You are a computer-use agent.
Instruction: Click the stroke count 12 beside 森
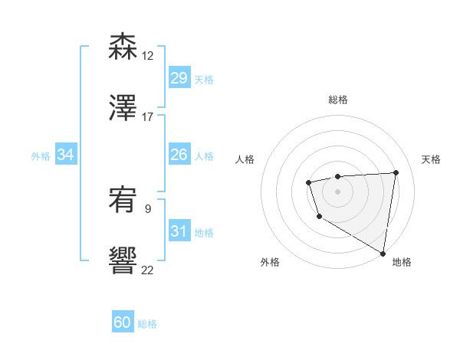(x=147, y=55)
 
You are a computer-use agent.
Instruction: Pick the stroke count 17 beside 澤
(x=147, y=116)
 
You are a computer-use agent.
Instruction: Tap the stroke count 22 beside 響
(x=147, y=270)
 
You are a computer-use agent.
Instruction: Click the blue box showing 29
(x=179, y=78)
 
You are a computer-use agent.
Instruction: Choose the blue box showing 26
(x=179, y=155)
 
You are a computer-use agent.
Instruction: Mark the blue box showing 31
(x=179, y=231)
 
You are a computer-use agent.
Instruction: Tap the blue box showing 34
(x=66, y=155)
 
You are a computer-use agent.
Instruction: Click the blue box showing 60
(x=123, y=322)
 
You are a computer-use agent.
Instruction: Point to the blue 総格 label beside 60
(x=147, y=324)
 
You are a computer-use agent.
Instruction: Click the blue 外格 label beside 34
(x=41, y=156)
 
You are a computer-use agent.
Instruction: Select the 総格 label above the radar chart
(x=338, y=100)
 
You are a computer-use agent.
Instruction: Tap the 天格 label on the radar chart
(x=431, y=159)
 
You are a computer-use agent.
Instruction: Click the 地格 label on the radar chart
(x=402, y=262)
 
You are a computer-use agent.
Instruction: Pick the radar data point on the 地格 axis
(x=383, y=253)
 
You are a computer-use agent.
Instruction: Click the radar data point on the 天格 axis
(x=396, y=172)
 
